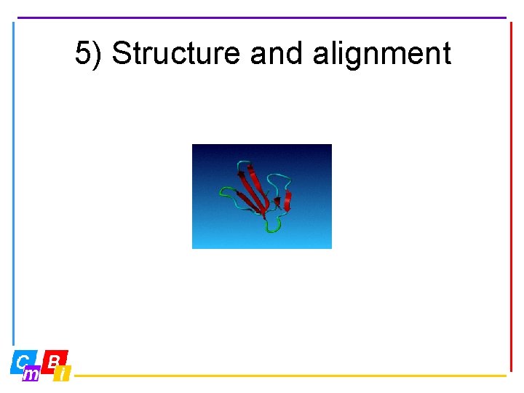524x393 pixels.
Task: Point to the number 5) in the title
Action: coord(89,54)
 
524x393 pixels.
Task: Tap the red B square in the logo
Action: coord(55,360)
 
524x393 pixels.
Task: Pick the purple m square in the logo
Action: coord(31,374)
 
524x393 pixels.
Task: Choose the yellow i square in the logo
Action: coord(63,374)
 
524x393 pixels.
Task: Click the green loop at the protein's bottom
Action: coord(274,227)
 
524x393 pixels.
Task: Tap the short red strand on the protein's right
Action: coord(287,201)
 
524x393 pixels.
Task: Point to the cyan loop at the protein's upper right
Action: coord(280,178)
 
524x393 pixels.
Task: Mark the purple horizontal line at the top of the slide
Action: coord(262,17)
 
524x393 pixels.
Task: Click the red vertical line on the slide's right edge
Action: coord(511,196)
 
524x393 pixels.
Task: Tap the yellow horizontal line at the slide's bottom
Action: coord(291,376)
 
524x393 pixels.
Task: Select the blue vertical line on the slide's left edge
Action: coord(13,182)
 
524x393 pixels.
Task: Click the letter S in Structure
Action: coord(121,54)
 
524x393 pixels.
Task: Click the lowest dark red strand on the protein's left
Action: coord(251,207)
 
